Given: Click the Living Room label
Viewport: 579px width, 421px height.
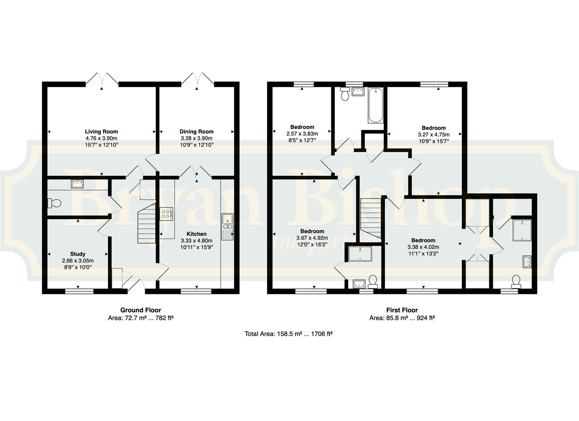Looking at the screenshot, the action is pos(101,131).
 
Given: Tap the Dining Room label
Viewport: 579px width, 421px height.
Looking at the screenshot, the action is pos(197,131).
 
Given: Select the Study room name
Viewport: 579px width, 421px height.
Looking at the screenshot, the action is pos(78,254).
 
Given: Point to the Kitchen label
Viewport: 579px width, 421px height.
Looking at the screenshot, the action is pos(197,234).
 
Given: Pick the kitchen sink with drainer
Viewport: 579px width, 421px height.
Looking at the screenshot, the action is pos(227,227).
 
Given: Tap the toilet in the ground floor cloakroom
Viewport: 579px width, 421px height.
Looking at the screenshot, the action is pos(54,203).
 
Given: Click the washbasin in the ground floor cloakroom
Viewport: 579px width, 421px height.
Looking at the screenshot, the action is pos(77,184).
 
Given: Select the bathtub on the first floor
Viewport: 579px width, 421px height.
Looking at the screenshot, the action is pos(375,105).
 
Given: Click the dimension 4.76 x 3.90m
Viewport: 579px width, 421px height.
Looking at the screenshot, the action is pos(101,138).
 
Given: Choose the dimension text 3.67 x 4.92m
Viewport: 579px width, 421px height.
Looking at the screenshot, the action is pos(312,238).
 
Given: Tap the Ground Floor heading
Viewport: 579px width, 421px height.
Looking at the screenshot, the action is pos(141,310).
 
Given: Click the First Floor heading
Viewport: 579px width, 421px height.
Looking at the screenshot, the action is pos(402,310).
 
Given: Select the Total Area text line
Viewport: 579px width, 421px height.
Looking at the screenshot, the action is pos(289,334).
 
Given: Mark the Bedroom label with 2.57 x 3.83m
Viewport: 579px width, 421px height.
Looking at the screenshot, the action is pos(302,127).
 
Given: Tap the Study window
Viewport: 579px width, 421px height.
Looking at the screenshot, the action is pos(79,291).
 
